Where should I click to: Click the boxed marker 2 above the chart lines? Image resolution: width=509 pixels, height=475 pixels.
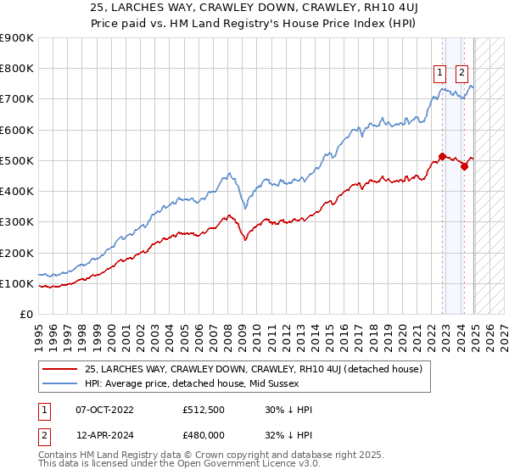[x=462, y=73]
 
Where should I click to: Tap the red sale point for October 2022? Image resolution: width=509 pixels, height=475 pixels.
[x=442, y=156]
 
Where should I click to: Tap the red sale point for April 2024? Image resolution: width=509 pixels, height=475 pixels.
[x=464, y=166]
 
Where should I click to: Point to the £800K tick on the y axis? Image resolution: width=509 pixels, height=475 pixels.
[x=17, y=69]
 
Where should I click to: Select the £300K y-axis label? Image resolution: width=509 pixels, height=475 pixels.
[x=17, y=222]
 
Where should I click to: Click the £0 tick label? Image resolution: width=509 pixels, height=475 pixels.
[x=27, y=315]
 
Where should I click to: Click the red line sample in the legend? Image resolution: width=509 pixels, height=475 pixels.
[x=59, y=369]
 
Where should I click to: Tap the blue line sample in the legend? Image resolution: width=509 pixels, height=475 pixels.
[x=59, y=384]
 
